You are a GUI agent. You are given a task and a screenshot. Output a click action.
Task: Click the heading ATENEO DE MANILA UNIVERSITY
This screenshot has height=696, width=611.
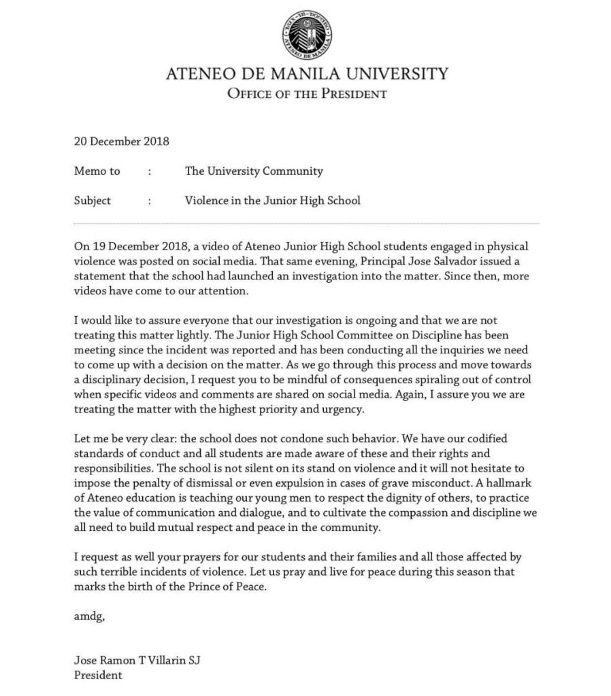pos(306,73)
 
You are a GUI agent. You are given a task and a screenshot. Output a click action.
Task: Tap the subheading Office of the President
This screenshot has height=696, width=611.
pos(306,94)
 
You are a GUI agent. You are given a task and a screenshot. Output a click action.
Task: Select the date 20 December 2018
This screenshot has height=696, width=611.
pos(121,142)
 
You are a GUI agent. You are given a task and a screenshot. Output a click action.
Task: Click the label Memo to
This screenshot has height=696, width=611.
pos(97,171)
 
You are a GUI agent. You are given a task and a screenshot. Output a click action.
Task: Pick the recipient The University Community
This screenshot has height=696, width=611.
pos(254,171)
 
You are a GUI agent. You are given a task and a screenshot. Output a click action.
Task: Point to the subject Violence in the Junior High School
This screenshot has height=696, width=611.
pos(272,201)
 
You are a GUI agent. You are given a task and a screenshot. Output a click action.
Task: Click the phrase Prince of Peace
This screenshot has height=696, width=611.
pos(222,588)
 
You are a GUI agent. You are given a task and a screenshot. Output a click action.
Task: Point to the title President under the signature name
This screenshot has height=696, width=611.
pos(98,676)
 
